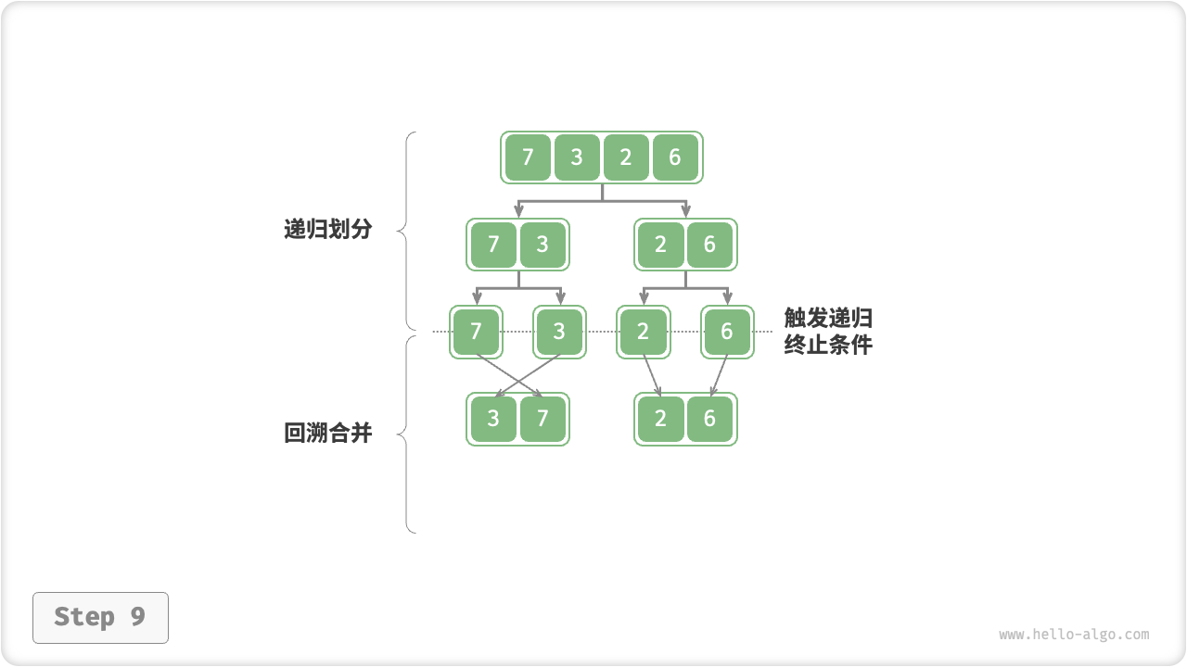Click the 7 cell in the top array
(528, 157)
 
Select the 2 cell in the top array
(626, 157)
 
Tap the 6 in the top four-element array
(675, 157)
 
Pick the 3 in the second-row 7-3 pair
(542, 245)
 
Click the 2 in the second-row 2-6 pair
(660, 245)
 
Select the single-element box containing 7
(477, 332)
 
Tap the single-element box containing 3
(559, 332)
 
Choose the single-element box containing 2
(644, 332)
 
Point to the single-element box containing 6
(727, 332)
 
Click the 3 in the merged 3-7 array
(493, 419)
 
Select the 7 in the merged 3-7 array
(542, 419)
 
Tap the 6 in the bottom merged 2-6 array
(709, 419)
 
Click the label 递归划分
(327, 230)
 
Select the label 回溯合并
(327, 433)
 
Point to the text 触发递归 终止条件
(828, 332)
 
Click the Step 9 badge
(100, 617)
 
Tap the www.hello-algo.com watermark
(1074, 635)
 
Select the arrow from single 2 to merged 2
(651, 374)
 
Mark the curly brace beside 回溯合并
(406, 434)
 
